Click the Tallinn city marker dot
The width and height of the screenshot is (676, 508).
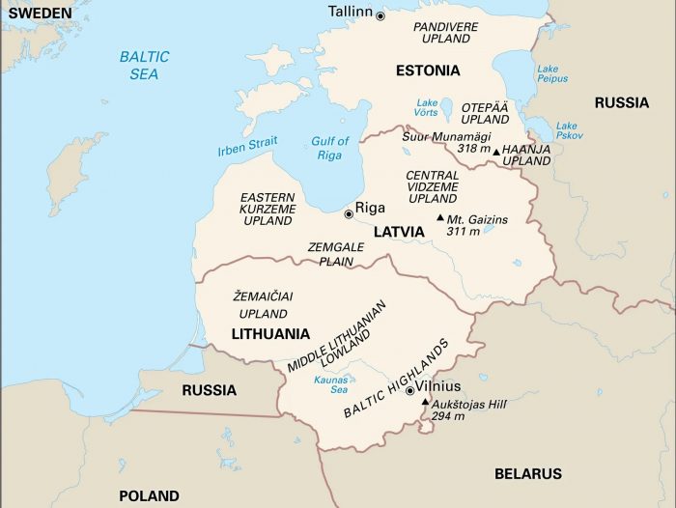(380, 15)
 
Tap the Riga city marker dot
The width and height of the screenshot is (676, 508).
(349, 213)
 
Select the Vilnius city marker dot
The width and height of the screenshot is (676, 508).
(410, 391)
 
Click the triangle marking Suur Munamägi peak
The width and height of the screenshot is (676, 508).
(496, 152)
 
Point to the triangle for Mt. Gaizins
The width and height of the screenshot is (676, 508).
(440, 218)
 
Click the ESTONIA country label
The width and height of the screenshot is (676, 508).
(428, 71)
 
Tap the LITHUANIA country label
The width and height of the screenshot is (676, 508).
(270, 334)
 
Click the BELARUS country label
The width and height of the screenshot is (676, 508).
(527, 474)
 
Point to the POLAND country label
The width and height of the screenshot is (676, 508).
(149, 496)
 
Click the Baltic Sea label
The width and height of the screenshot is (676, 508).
(144, 65)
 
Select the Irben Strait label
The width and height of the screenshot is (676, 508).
(247, 147)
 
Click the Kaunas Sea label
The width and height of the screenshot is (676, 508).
(331, 385)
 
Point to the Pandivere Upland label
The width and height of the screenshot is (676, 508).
(445, 32)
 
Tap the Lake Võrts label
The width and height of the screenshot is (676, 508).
(427, 108)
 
